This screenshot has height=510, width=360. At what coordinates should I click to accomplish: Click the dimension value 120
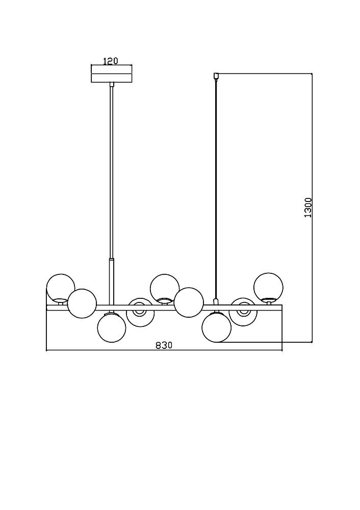click(x=110, y=61)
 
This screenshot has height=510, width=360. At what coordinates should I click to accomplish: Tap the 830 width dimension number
click(x=164, y=346)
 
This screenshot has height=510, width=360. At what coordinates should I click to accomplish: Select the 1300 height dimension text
click(x=307, y=208)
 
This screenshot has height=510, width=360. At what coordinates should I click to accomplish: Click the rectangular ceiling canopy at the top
click(x=112, y=74)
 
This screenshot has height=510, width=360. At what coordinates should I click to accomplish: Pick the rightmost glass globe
click(x=268, y=287)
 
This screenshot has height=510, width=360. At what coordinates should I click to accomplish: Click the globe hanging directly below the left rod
click(x=111, y=328)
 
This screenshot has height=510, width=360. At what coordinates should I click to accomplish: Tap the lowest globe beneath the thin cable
click(x=216, y=327)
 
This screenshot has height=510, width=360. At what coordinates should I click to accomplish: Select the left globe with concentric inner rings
click(x=140, y=312)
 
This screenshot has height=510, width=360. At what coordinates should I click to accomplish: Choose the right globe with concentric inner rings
click(x=243, y=312)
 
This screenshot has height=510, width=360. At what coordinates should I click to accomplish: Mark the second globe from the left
click(x=82, y=303)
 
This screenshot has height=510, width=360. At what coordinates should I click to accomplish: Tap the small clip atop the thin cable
click(x=215, y=76)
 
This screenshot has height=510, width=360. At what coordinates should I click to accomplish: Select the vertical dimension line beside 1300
click(x=312, y=208)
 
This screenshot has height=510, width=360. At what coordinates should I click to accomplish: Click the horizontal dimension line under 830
click(x=164, y=351)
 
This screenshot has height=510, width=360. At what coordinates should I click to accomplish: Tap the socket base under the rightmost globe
click(x=269, y=302)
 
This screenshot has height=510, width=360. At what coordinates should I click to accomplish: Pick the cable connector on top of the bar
click(x=215, y=301)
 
